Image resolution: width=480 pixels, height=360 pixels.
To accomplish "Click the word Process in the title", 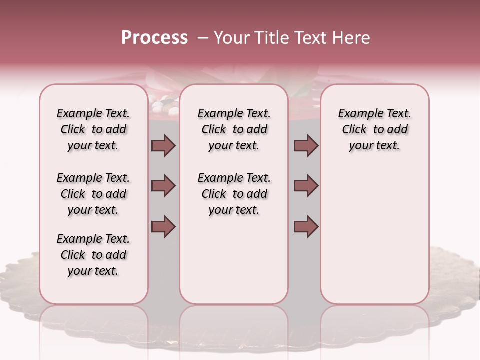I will pos(154,38).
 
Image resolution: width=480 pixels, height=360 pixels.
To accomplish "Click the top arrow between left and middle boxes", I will pos(163,145).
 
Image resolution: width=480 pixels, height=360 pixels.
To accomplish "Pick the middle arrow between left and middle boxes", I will pos(163,186).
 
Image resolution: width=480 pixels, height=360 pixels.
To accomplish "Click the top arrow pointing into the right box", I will pos(306,145).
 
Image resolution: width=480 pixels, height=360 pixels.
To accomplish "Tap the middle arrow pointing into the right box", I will pos(306,186).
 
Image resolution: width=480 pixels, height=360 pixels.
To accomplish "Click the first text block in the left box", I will pos(93,129).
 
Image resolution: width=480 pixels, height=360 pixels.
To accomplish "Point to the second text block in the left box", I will pos(93,194).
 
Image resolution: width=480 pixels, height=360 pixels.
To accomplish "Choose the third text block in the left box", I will pos(93,255).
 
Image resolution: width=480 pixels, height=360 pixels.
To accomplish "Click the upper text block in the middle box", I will pos(234,129).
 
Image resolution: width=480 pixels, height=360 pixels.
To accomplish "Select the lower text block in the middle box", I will pos(234,194).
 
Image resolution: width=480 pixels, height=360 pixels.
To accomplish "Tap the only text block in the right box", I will pos(374,129).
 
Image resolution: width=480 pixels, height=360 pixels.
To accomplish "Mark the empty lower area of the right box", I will pos(374,230).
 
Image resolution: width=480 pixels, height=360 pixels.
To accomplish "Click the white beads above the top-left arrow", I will pos(165,106).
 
